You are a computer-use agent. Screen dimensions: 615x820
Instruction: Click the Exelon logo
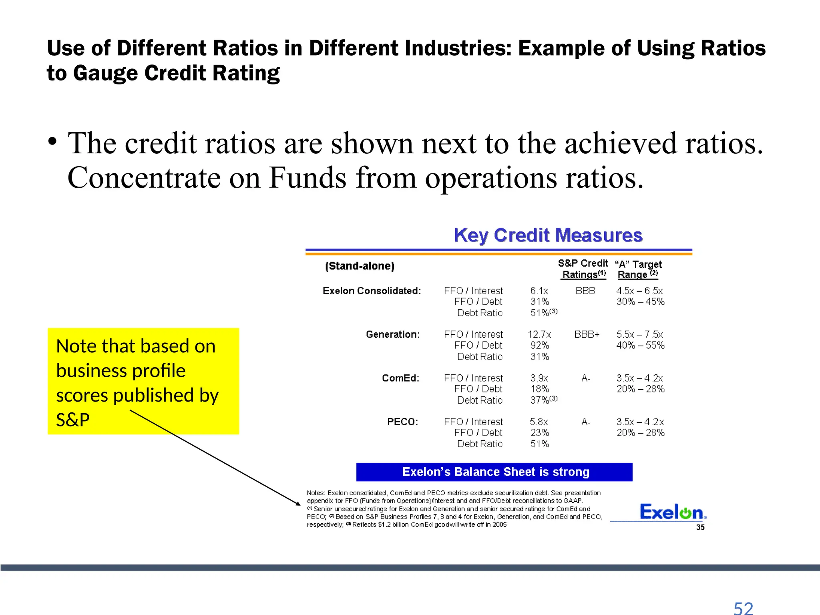(x=673, y=512)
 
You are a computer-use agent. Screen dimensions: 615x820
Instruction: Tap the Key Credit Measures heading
(x=548, y=235)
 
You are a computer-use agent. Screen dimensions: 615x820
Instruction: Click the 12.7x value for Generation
(x=539, y=334)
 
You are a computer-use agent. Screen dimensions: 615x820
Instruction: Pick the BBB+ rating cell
(x=587, y=334)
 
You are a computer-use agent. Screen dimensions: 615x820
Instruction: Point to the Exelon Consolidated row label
(x=372, y=291)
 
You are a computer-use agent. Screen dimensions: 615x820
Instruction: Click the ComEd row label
(x=400, y=378)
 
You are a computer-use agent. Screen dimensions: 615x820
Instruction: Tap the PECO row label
(x=402, y=422)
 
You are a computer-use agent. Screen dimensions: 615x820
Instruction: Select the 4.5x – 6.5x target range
(x=639, y=291)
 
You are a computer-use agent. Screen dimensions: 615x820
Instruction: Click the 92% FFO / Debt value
(x=540, y=345)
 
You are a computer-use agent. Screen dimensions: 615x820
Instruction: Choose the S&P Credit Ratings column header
(x=583, y=269)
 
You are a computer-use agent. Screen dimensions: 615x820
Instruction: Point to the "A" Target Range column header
(x=638, y=269)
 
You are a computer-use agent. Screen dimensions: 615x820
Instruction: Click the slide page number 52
(x=743, y=608)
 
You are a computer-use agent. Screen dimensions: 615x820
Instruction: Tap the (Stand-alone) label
(x=360, y=266)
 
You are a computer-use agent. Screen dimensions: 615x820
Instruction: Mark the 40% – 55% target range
(x=640, y=345)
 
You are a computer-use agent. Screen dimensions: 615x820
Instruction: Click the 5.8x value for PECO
(x=539, y=422)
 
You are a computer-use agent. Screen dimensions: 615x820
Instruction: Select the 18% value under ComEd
(x=540, y=389)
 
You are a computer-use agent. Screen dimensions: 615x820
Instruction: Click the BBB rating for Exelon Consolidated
(x=585, y=291)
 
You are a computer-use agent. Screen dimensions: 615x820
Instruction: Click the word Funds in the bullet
(x=307, y=177)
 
